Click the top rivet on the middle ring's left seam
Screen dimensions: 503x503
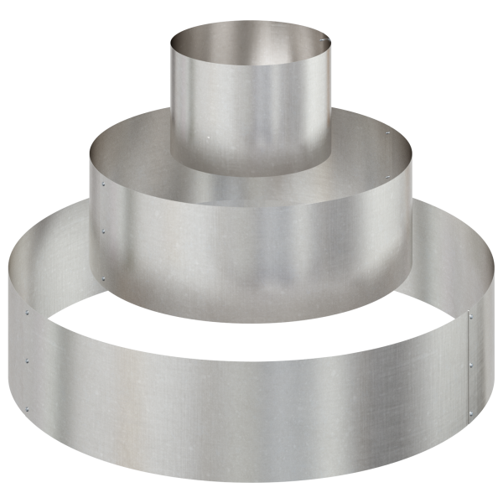click(x=103, y=178)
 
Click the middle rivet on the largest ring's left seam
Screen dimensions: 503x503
click(x=27, y=361)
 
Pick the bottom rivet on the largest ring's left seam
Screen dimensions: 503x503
click(x=27, y=410)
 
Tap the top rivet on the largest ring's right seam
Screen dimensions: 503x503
click(x=470, y=316)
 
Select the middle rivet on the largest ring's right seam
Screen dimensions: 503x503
click(x=470, y=365)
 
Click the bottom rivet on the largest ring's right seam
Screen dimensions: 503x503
click(x=470, y=412)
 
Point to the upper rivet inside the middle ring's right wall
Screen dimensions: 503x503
click(x=387, y=132)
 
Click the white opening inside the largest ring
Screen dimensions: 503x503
click(x=251, y=335)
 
